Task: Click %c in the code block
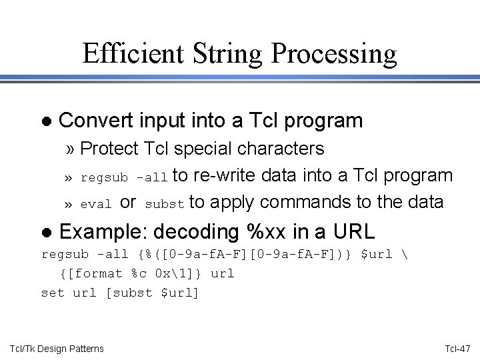click(x=139, y=273)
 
